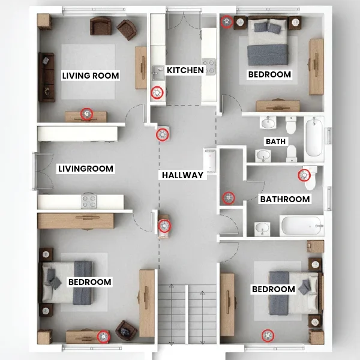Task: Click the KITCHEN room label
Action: tap(185, 70)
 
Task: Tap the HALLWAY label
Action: tap(183, 175)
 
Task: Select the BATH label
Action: tap(275, 142)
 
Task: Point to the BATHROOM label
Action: tap(285, 199)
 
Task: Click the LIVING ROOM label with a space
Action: tap(91, 76)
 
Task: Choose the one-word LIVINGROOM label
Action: tap(86, 169)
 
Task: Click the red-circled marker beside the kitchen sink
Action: tap(157, 93)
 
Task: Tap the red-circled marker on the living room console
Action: tap(87, 114)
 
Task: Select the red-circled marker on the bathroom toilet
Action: tap(304, 175)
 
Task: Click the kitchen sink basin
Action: tap(158, 73)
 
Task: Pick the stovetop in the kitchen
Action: tap(209, 67)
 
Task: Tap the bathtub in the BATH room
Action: tap(314, 137)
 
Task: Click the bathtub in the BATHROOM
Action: tap(302, 226)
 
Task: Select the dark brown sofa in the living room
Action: tap(46, 77)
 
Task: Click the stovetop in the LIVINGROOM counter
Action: tap(89, 201)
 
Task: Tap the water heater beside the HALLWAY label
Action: tap(210, 160)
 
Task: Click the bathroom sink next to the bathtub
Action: tap(262, 229)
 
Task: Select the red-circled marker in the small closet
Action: tap(229, 198)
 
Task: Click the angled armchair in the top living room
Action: tap(127, 29)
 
